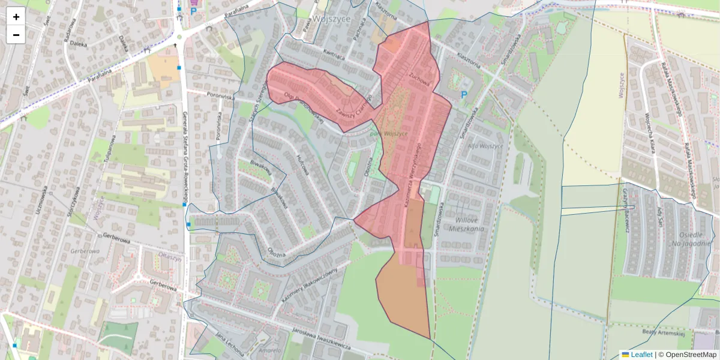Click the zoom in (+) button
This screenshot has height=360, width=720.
16,17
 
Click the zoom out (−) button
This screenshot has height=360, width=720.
16,35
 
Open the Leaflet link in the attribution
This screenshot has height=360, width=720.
641,355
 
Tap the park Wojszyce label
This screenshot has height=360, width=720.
389,133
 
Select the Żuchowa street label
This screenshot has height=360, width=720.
419,79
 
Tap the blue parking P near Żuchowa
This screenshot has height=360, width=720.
463,95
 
